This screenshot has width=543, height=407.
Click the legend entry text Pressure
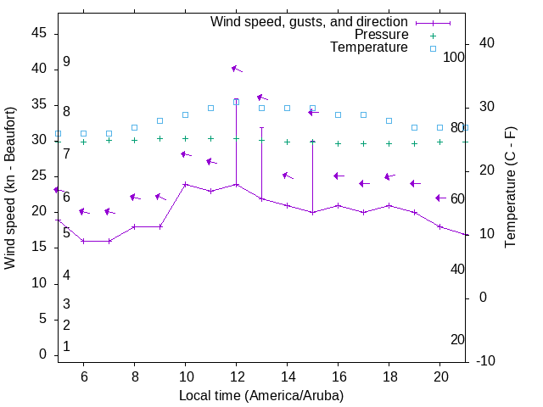(x=381, y=35)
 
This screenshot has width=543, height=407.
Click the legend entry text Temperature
(x=369, y=47)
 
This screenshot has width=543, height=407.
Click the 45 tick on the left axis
(x=39, y=33)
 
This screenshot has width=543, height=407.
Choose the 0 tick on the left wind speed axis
(x=42, y=355)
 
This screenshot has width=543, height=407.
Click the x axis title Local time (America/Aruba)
(x=261, y=395)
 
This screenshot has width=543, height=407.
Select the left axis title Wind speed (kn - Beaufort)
(x=11, y=188)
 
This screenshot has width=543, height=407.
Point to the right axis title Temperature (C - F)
(x=510, y=188)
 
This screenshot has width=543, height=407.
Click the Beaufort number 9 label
(x=66, y=62)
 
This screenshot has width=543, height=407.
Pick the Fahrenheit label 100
(x=454, y=57)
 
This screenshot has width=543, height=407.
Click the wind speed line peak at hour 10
(x=185, y=184)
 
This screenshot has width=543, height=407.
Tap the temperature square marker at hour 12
(x=236, y=102)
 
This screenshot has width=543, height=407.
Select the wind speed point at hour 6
(x=83, y=241)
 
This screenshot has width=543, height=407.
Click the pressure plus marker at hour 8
(x=134, y=140)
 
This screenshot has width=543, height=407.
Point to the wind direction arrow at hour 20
(x=440, y=198)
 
